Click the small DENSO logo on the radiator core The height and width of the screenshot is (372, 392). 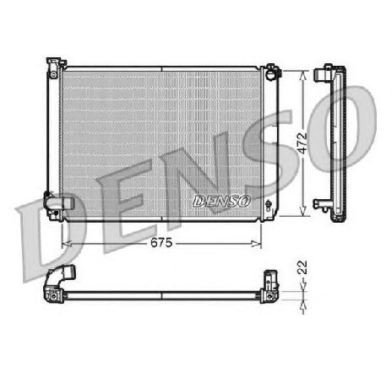(x=222, y=201)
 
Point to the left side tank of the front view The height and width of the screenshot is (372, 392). (x=55, y=135)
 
